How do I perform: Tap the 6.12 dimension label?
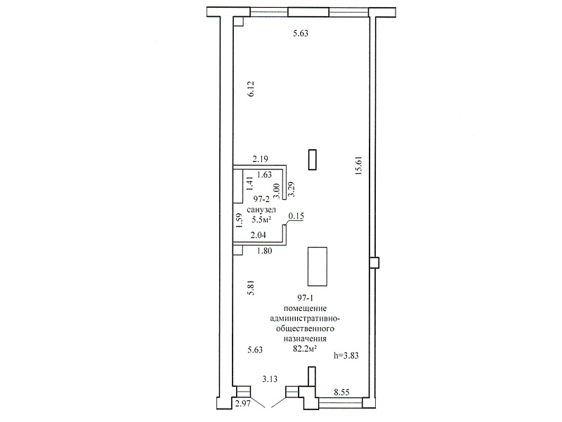coord(251,89)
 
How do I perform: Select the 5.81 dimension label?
coord(251,288)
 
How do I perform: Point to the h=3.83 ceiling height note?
coord(346,356)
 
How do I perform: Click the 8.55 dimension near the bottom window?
coord(341,392)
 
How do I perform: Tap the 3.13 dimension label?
coord(270,379)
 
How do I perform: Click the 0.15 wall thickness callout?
coord(296,216)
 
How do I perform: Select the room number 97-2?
coord(261,199)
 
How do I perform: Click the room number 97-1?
coord(306,298)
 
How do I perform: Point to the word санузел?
coord(261,210)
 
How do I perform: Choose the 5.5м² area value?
coord(261,219)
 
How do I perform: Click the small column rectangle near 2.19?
coord(312,160)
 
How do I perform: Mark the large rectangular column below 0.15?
coord(318,267)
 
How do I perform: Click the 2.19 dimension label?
coord(260,159)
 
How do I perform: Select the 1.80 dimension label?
coord(265,251)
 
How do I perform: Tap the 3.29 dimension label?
coord(292,189)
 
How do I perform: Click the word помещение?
coord(305,308)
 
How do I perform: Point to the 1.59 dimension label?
coord(240,220)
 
